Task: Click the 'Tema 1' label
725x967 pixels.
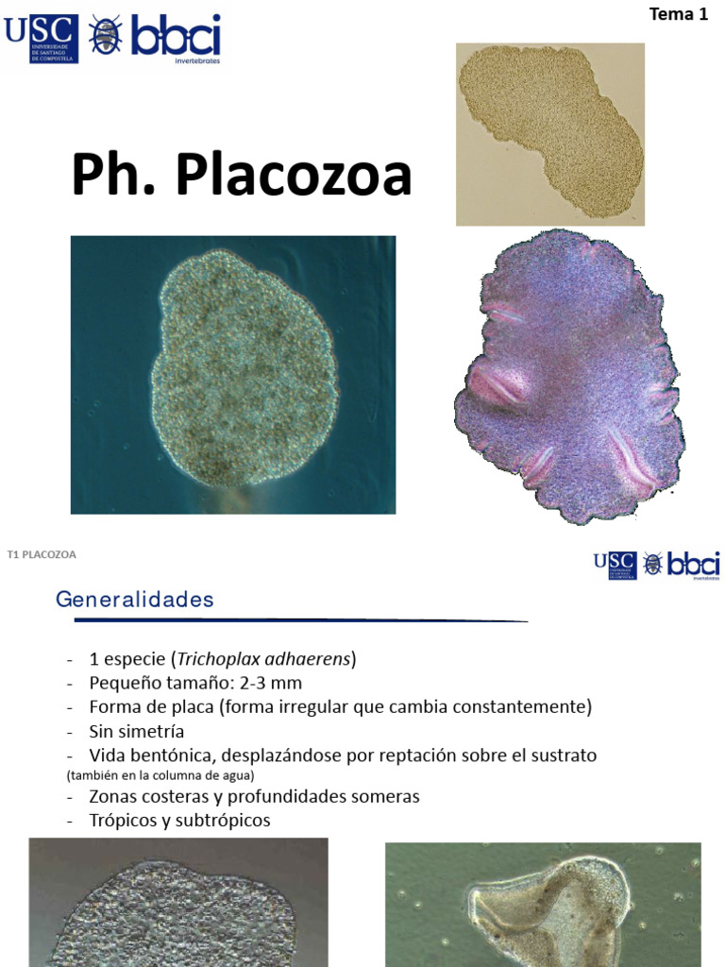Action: (x=678, y=14)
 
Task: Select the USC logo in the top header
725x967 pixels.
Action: (x=41, y=38)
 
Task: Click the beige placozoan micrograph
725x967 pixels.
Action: (x=550, y=133)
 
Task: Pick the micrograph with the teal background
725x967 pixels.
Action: (x=233, y=375)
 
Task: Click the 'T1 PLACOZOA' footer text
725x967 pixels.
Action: (x=42, y=554)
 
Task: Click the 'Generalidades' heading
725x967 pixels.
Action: (x=135, y=599)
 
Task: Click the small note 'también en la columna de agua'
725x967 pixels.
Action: (x=160, y=776)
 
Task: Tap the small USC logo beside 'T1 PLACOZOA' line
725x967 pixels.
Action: (x=615, y=565)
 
